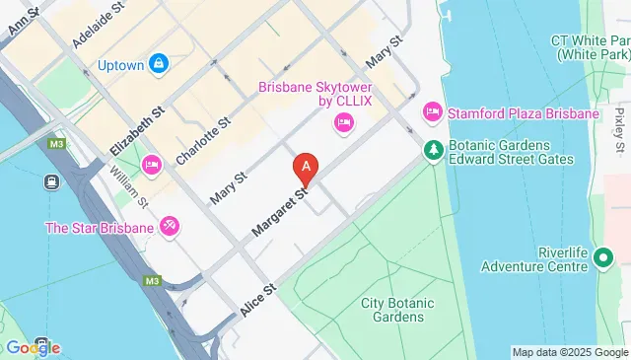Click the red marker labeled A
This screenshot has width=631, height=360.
pos(307,168)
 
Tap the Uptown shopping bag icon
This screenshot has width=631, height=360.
pos(159,65)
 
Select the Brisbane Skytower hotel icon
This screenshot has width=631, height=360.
pos(344,123)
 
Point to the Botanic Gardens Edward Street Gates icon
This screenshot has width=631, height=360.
pos(432,150)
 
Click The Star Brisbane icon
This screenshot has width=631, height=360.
pos(170,228)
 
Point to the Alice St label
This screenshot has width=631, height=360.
pos(259,297)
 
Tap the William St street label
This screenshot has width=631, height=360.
pos(128,187)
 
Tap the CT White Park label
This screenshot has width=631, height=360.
pos(591,47)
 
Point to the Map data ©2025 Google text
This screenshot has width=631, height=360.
pos(570,352)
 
